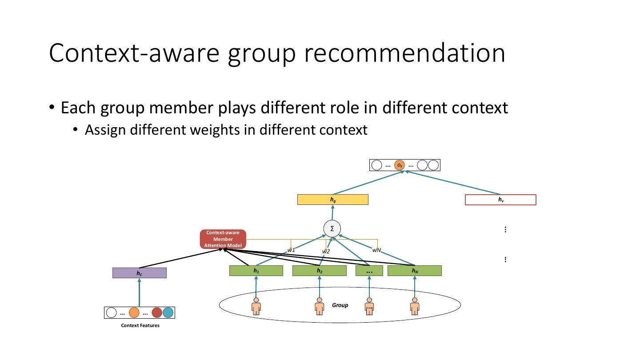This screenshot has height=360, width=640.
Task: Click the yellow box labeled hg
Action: (x=332, y=200)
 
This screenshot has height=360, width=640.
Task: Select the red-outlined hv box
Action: (x=500, y=200)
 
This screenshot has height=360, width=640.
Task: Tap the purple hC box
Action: (x=139, y=273)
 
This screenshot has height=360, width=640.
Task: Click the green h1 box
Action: (x=256, y=271)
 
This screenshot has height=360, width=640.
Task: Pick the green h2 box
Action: (x=319, y=271)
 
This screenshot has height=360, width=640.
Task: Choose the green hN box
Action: (x=414, y=271)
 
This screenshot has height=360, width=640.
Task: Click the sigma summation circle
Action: (x=332, y=228)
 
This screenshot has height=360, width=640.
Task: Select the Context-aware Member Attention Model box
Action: (x=223, y=239)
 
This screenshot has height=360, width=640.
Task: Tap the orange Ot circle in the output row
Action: (x=400, y=165)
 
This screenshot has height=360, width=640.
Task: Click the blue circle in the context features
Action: (x=168, y=312)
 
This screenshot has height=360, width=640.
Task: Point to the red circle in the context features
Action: (x=156, y=312)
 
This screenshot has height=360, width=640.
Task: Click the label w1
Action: (x=291, y=250)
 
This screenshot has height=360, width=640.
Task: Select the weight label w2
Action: (x=326, y=252)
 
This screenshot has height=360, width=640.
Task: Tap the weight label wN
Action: (x=377, y=250)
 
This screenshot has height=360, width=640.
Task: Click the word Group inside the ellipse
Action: (x=340, y=305)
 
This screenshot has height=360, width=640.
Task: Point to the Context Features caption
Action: (x=140, y=325)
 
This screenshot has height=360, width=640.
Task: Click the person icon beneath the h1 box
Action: (x=256, y=306)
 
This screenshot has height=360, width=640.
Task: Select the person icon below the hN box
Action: (x=415, y=306)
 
